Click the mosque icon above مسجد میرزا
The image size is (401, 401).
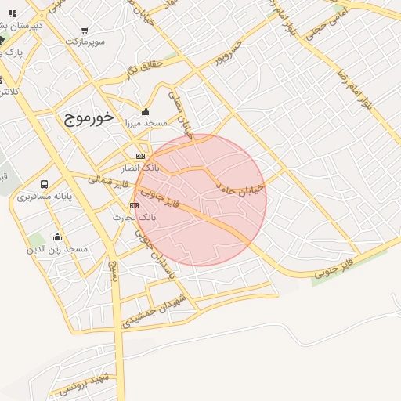[146, 111]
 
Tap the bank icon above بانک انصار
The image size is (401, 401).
[140, 156]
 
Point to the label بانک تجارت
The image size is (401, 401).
[135, 216]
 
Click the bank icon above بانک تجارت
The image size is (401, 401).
[134, 205]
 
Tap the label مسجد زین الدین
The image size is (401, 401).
[58, 249]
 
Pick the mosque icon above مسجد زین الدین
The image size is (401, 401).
[56, 237]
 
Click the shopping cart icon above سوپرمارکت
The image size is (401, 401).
[85, 30]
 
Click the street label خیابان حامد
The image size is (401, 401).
[241, 189]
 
